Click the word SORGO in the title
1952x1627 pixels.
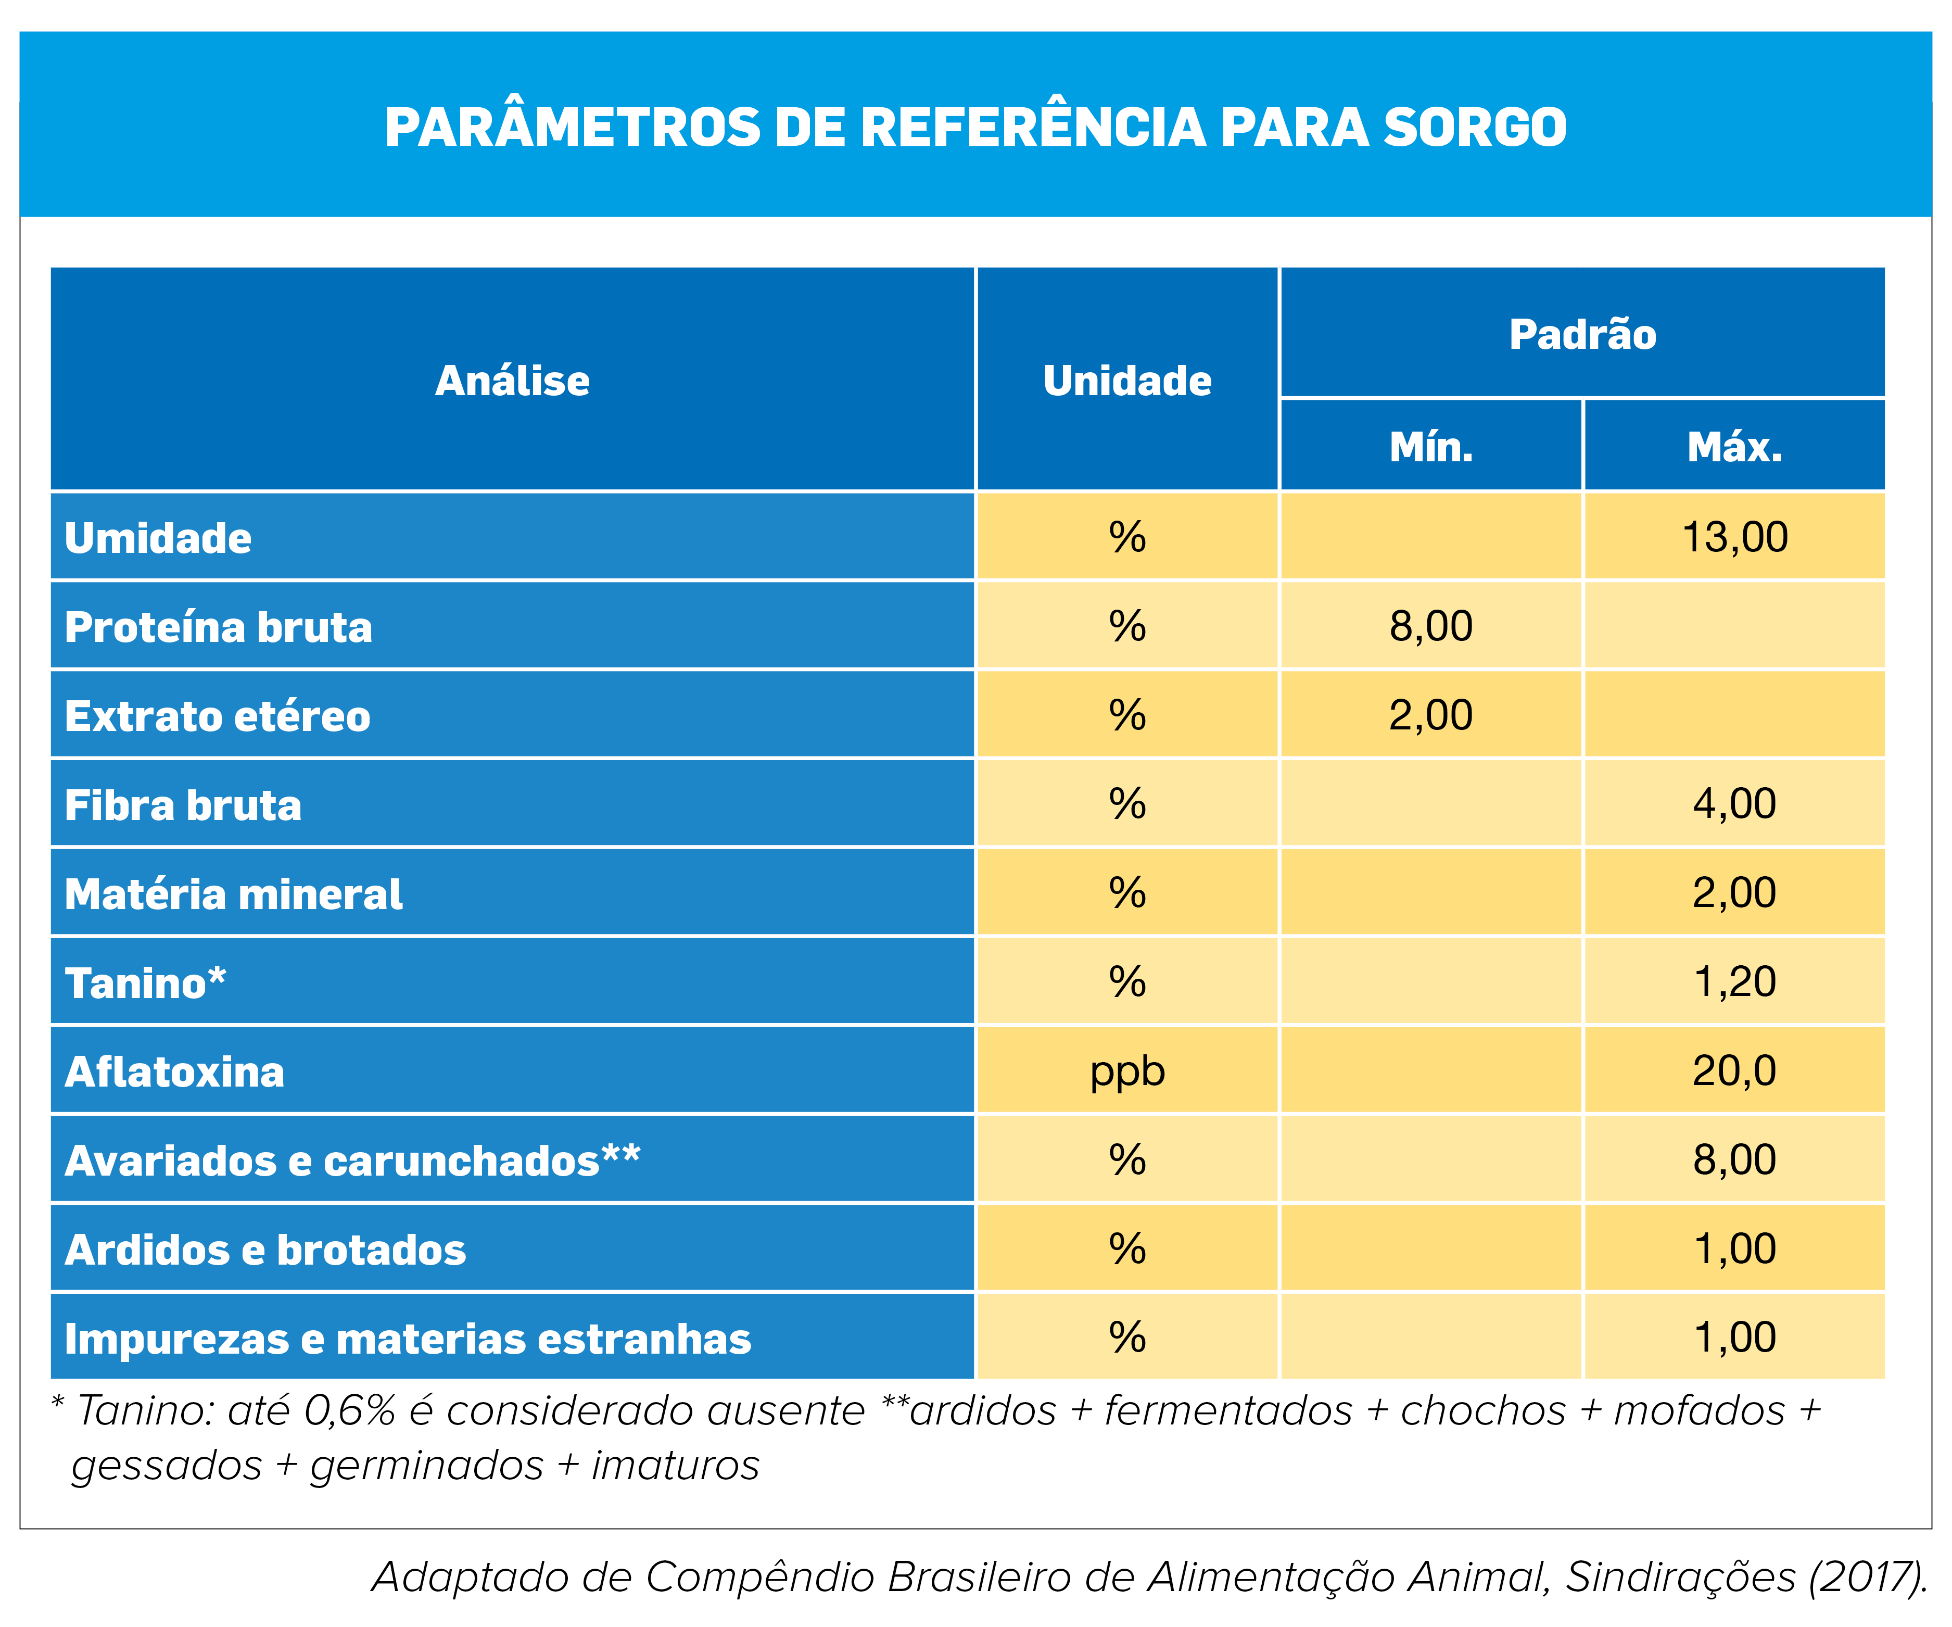click(1475, 128)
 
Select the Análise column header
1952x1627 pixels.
click(512, 380)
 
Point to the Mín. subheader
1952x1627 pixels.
click(1431, 447)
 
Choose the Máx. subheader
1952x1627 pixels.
click(1734, 447)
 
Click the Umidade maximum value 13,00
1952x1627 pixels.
click(1734, 537)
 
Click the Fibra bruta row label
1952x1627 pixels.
click(183, 805)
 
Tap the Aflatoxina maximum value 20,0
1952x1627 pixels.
click(1734, 1071)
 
